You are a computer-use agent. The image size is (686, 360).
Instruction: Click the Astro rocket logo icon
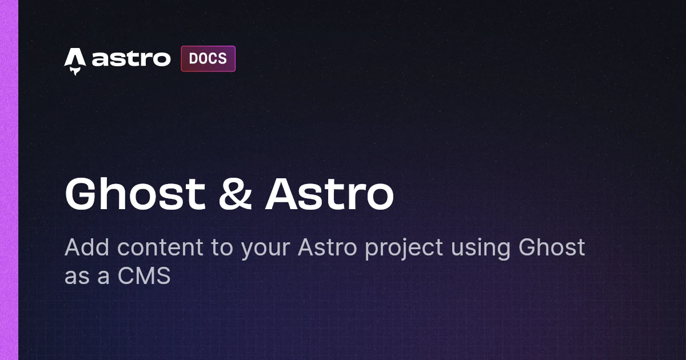pyautogui.click(x=75, y=61)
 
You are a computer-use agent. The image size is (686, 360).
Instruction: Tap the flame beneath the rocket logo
pyautogui.click(x=75, y=71)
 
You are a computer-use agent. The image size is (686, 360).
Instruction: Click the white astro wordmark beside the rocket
pyautogui.click(x=131, y=58)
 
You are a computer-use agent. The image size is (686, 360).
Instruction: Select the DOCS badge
pyautogui.click(x=208, y=59)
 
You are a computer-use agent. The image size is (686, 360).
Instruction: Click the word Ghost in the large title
pyautogui.click(x=135, y=194)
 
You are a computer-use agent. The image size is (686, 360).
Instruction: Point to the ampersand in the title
pyautogui.click(x=235, y=194)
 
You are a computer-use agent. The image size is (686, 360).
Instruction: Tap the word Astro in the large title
pyautogui.click(x=329, y=194)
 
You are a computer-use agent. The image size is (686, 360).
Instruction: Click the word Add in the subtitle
pyautogui.click(x=87, y=247)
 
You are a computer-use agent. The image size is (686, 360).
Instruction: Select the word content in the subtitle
pyautogui.click(x=160, y=247)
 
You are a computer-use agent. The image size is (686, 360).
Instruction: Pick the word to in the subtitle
pyautogui.click(x=222, y=247)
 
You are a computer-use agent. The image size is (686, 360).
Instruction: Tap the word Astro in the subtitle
pyautogui.click(x=328, y=247)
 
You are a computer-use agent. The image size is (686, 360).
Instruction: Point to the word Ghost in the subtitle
pyautogui.click(x=552, y=247)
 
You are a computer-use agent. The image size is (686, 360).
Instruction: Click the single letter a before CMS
pyautogui.click(x=103, y=277)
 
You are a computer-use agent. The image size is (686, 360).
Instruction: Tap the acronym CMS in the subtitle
pyautogui.click(x=144, y=275)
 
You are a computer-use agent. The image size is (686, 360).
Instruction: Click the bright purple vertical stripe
pyautogui.click(x=9, y=180)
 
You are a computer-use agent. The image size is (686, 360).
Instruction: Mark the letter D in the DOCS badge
pyautogui.click(x=193, y=58)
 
